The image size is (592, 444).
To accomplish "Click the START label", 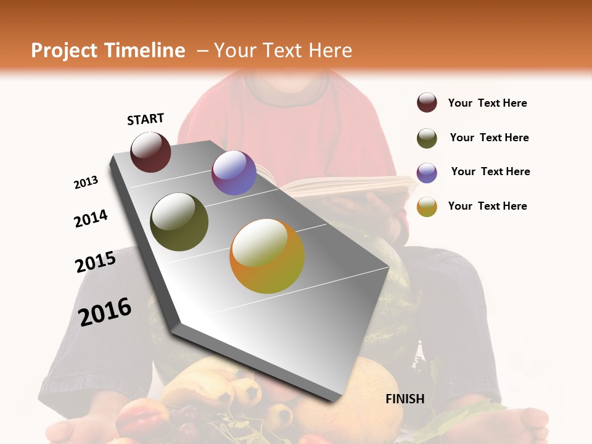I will pyautogui.click(x=146, y=119).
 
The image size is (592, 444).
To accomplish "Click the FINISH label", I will pyautogui.click(x=405, y=399).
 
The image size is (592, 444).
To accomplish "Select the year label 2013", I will pyautogui.click(x=86, y=183).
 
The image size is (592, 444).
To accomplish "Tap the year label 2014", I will pyautogui.click(x=91, y=218).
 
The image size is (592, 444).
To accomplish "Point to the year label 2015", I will pyautogui.click(x=96, y=262).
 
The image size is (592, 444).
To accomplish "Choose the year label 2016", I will pyautogui.click(x=105, y=311).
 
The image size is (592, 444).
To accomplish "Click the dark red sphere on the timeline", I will pyautogui.click(x=150, y=152).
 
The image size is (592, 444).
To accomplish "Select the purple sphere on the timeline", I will pyautogui.click(x=234, y=173).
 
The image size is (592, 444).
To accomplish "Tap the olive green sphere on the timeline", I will pyautogui.click(x=179, y=222).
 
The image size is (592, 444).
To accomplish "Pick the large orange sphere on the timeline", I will pyautogui.click(x=267, y=256).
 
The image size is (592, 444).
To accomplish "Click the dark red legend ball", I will pyautogui.click(x=427, y=103).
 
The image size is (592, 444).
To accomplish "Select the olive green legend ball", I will pyautogui.click(x=427, y=138).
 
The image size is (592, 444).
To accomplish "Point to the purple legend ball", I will pyautogui.click(x=427, y=172).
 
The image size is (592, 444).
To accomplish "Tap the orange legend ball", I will pyautogui.click(x=427, y=207).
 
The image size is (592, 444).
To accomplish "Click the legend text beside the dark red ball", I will pyautogui.click(x=487, y=104).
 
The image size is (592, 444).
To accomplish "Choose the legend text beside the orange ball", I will pyautogui.click(x=487, y=206).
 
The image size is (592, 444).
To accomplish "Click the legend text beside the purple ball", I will pyautogui.click(x=490, y=171).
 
